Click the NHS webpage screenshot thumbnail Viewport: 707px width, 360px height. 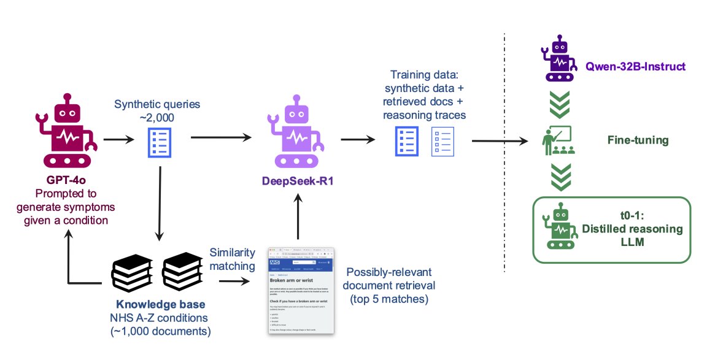point(301,290)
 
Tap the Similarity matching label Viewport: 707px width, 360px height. point(233,259)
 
